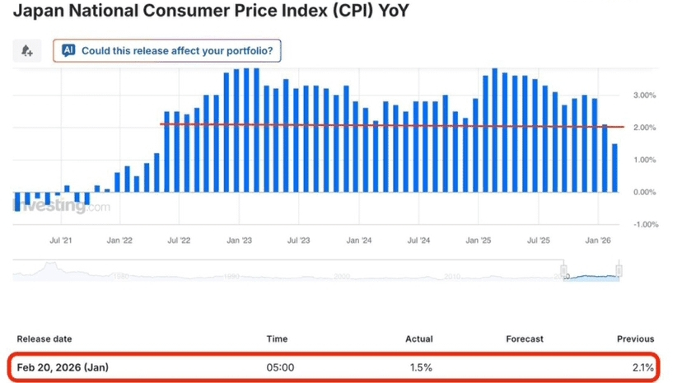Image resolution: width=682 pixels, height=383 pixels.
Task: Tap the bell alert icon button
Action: (26, 50)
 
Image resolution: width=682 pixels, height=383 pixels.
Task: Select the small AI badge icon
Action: (69, 50)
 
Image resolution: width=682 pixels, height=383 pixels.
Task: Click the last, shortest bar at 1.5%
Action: (614, 168)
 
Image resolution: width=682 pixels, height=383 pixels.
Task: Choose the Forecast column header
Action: (525, 339)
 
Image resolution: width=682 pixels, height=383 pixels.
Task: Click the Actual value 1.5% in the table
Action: (420, 366)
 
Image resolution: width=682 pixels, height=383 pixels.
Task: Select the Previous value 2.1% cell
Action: (642, 366)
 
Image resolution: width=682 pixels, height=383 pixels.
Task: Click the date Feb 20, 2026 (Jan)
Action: (63, 366)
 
